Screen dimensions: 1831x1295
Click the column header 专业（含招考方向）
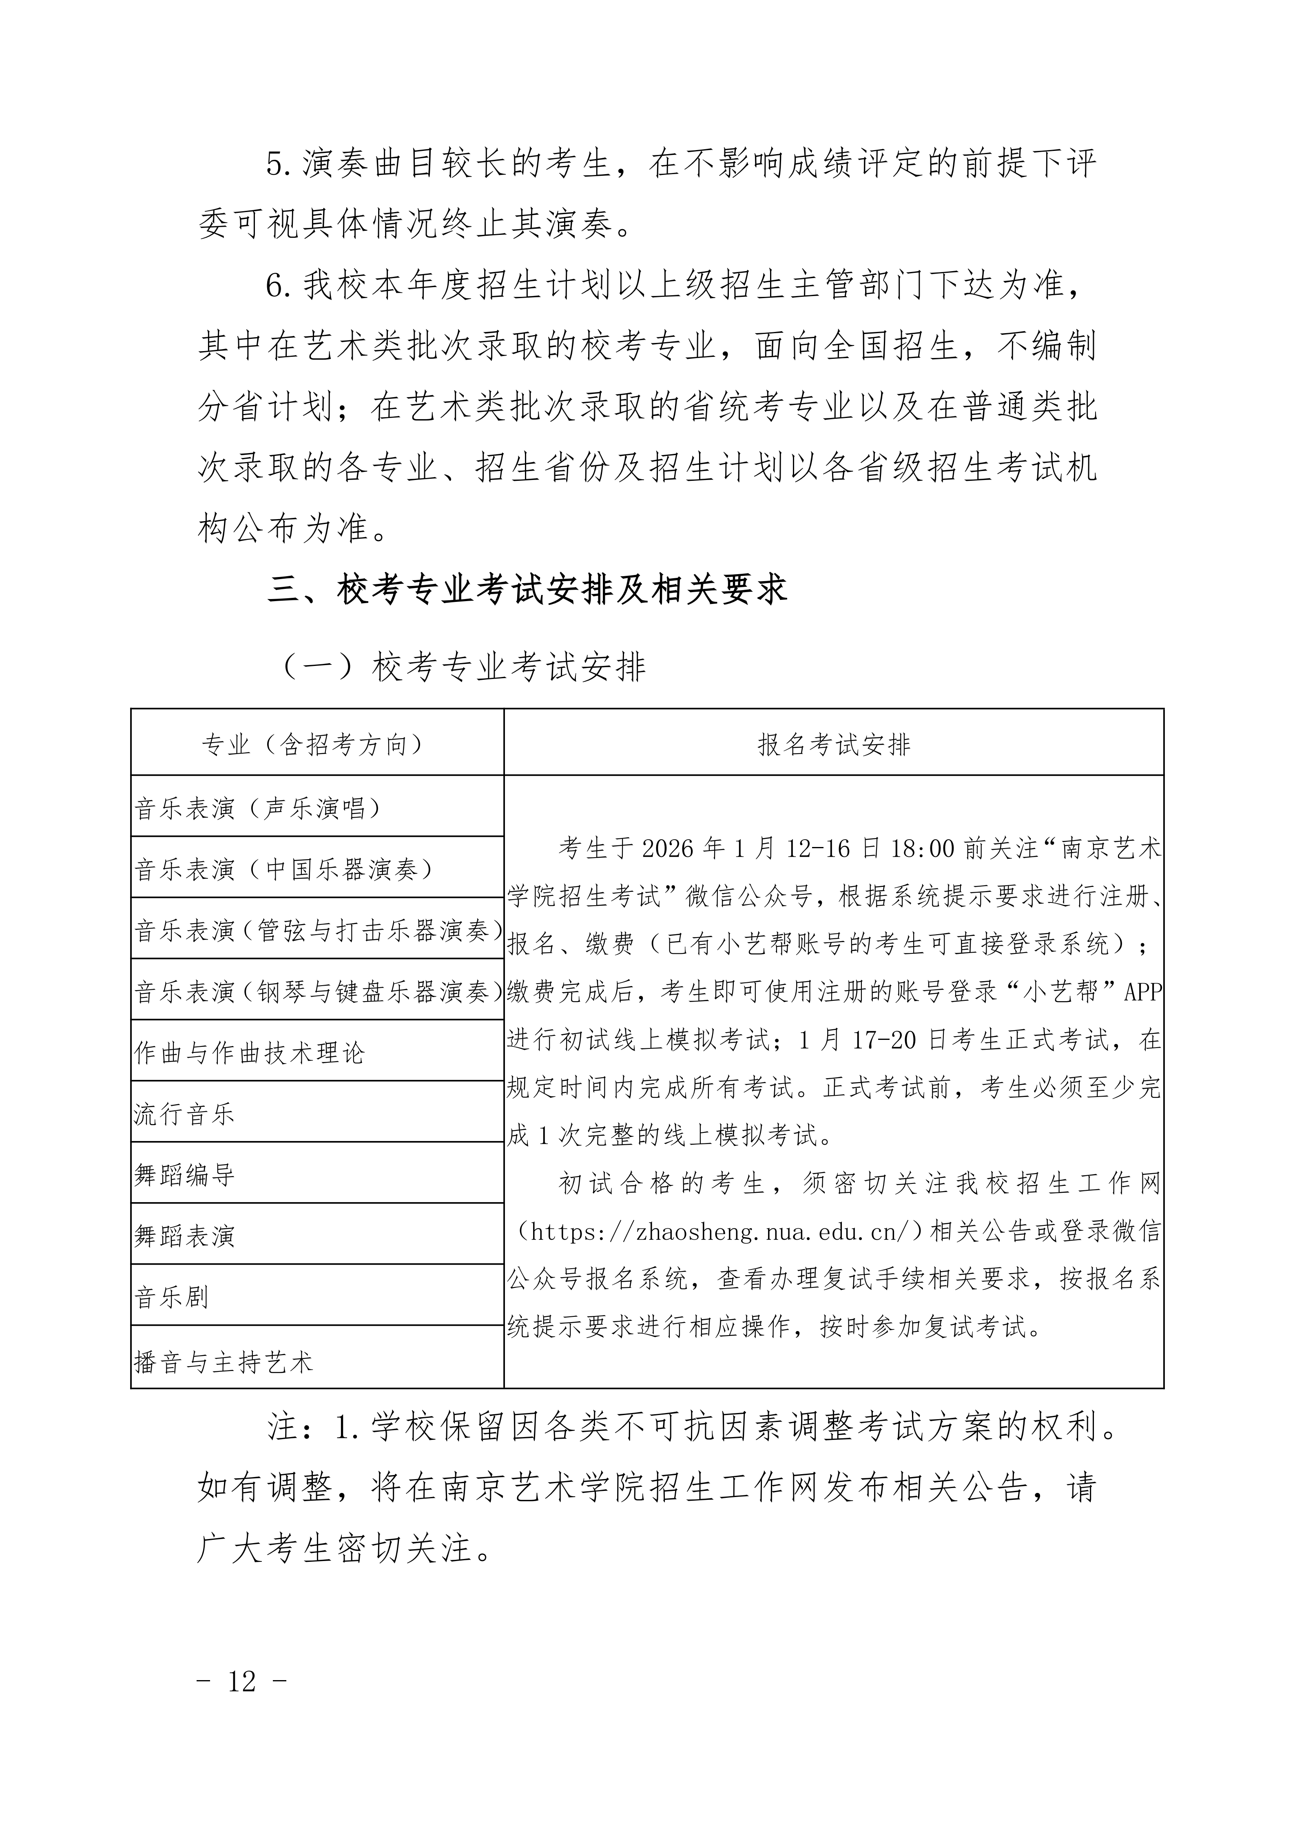tap(317, 745)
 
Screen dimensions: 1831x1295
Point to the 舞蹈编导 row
tap(184, 1175)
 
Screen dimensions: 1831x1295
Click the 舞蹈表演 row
tap(184, 1236)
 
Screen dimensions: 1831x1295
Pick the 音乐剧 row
tap(171, 1298)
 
